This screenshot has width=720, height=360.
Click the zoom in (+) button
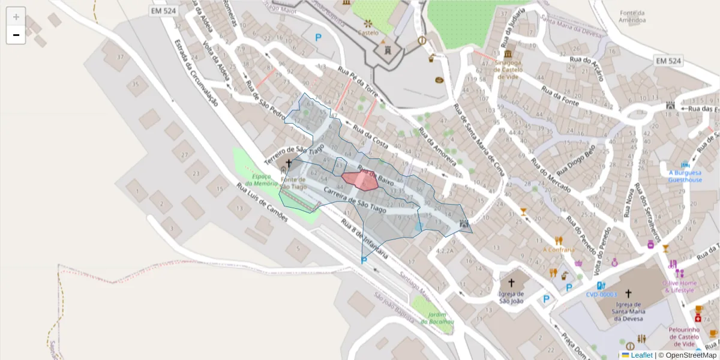(x=16, y=17)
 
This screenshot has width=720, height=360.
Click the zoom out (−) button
(x=16, y=35)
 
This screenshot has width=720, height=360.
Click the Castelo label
(x=368, y=32)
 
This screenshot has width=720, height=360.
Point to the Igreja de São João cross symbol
(x=511, y=283)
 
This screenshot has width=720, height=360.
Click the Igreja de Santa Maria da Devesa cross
(x=628, y=294)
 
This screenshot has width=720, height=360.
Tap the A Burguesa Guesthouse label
(x=685, y=176)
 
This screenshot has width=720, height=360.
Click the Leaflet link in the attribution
(x=641, y=355)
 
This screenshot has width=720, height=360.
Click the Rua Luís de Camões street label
(x=262, y=202)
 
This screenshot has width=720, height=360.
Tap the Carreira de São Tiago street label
(x=355, y=199)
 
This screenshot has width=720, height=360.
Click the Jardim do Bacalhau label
(x=437, y=318)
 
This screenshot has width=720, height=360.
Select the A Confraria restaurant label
(x=559, y=250)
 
